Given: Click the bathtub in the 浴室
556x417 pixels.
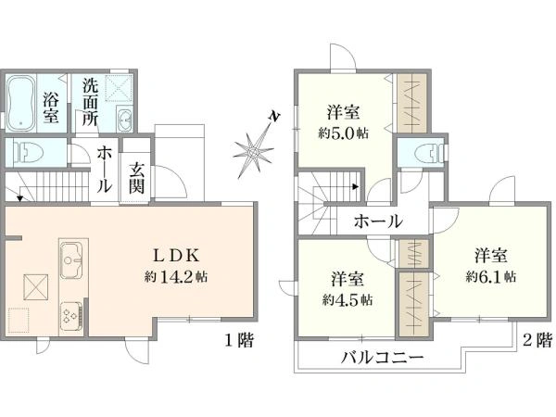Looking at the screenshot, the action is tap(21, 103).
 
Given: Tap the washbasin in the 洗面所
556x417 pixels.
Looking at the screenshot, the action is tap(124, 119).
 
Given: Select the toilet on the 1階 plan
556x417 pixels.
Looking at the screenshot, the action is tap(29, 153).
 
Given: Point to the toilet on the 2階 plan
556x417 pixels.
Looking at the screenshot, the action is tap(428, 154).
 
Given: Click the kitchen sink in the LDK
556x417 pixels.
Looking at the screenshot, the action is tap(72, 260).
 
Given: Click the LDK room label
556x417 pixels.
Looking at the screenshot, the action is tap(176, 256).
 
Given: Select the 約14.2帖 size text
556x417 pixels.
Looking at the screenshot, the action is tap(176, 276).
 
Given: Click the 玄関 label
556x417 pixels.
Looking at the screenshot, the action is tap(136, 179).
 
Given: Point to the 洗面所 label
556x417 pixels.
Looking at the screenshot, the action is tap(90, 102).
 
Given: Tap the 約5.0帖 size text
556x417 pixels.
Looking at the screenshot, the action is tap(343, 133).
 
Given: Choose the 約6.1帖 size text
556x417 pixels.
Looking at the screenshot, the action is tap(491, 276).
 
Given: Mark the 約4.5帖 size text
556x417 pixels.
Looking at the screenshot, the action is tap(347, 300).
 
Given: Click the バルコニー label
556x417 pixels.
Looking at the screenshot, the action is tap(382, 358).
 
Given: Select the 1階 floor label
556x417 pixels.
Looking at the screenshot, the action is tap(240, 340).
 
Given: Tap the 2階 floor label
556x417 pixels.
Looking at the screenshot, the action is tap(537, 340).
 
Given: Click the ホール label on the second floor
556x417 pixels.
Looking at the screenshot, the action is tap(378, 221).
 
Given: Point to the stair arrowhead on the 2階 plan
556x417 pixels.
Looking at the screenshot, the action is tap(356, 186).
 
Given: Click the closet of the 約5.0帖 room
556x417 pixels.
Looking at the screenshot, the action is tap(411, 103).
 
